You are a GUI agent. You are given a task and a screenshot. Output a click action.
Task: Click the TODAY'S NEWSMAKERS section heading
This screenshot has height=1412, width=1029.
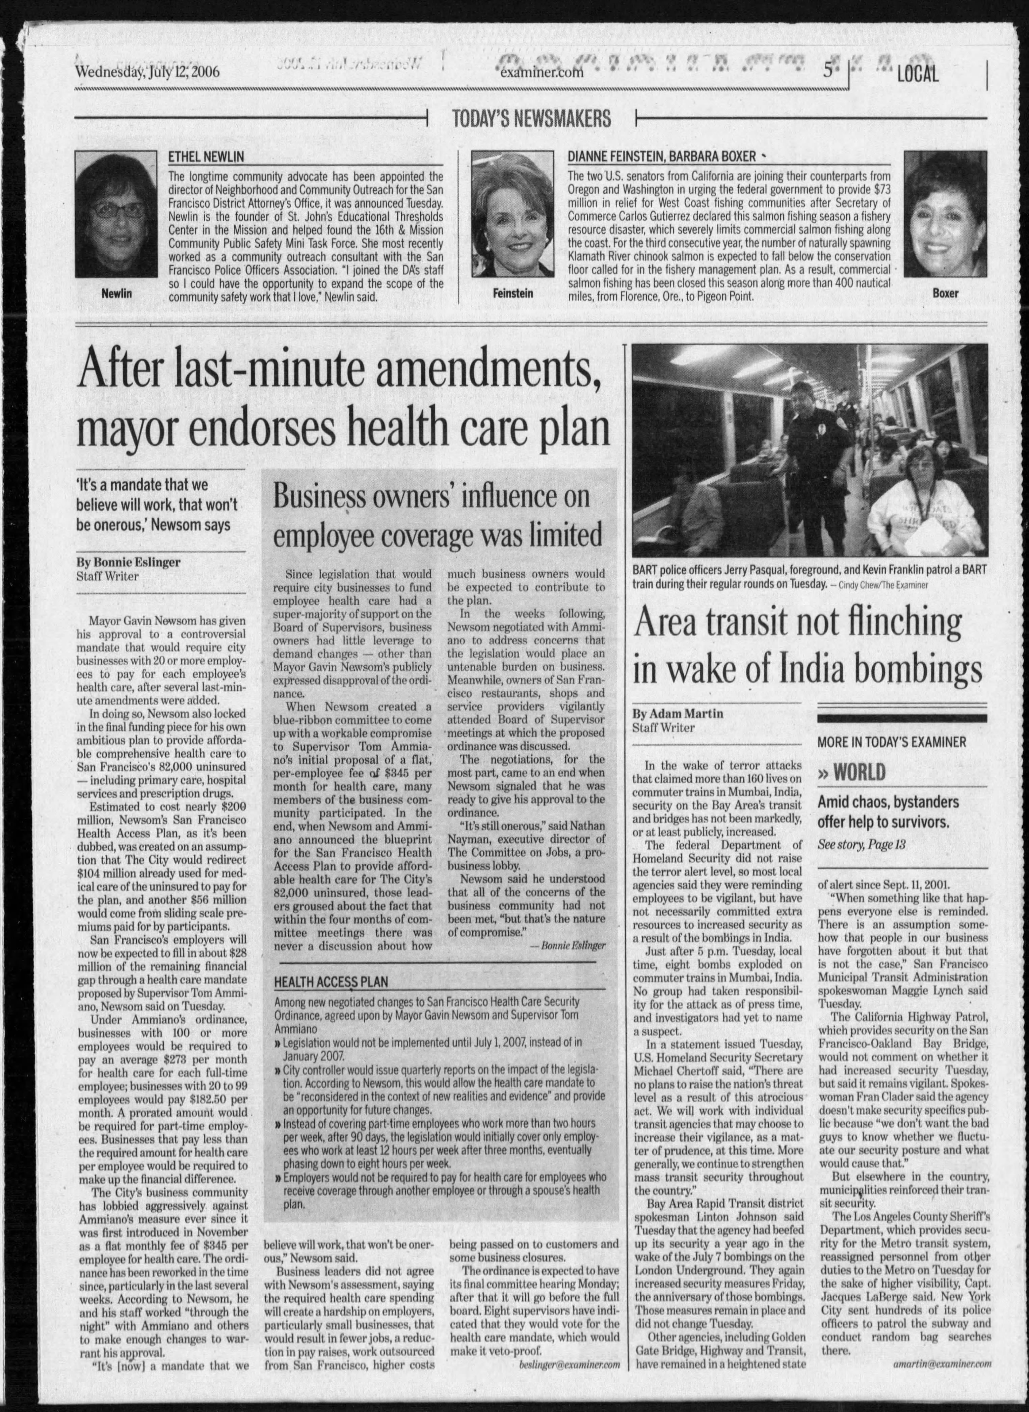click(x=531, y=118)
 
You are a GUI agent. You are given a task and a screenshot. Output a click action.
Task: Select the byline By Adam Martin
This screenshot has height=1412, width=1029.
click(x=677, y=714)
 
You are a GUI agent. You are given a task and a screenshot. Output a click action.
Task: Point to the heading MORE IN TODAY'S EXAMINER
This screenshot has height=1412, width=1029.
click(x=892, y=742)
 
